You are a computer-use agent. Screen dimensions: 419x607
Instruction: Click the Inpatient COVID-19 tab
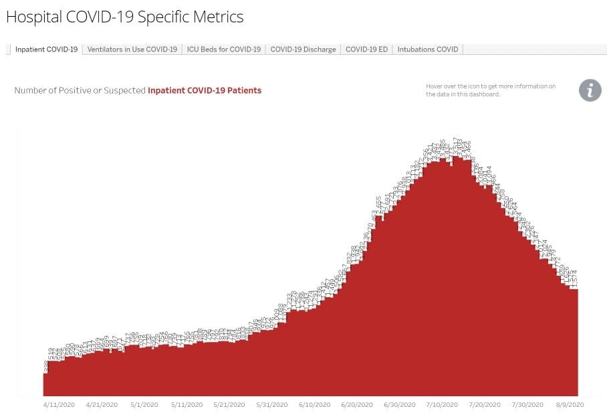pyautogui.click(x=46, y=50)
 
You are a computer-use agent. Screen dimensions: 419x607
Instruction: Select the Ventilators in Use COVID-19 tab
pyautogui.click(x=132, y=50)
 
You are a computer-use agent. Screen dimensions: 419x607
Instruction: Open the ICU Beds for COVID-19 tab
pyautogui.click(x=223, y=50)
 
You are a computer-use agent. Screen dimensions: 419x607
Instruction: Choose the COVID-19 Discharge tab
pyautogui.click(x=303, y=50)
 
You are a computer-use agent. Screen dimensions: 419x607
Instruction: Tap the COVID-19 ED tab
pyautogui.click(x=366, y=50)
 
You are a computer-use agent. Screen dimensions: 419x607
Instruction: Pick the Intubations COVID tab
pyautogui.click(x=428, y=50)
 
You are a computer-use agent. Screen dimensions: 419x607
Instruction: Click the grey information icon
pyautogui.click(x=590, y=90)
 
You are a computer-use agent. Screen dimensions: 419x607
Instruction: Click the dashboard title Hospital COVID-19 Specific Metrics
pyautogui.click(x=124, y=17)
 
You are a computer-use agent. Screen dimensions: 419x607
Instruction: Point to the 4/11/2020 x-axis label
pyautogui.click(x=59, y=405)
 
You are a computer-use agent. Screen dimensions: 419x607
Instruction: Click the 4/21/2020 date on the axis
pyautogui.click(x=102, y=405)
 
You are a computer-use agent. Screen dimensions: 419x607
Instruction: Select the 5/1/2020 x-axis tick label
pyautogui.click(x=144, y=405)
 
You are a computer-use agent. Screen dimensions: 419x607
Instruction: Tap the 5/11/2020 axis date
pyautogui.click(x=187, y=405)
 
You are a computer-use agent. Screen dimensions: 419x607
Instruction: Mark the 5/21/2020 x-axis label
pyautogui.click(x=229, y=405)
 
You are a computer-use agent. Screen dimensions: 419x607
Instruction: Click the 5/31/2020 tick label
pyautogui.click(x=271, y=405)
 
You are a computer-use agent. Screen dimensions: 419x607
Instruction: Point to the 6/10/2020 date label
pyautogui.click(x=314, y=405)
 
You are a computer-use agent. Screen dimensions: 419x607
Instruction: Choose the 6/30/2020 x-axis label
pyautogui.click(x=399, y=405)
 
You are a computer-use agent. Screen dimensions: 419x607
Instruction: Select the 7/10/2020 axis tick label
pyautogui.click(x=442, y=405)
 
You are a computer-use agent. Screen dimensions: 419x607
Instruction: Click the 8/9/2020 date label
pyautogui.click(x=570, y=405)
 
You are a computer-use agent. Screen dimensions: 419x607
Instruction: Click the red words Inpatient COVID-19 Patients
pyautogui.click(x=205, y=90)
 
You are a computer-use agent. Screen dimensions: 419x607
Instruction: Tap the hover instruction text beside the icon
pyautogui.click(x=491, y=90)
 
